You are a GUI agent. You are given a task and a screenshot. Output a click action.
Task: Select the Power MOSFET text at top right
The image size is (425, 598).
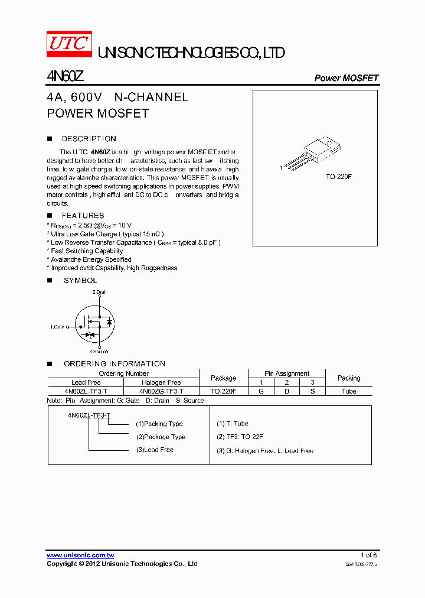(x=346, y=78)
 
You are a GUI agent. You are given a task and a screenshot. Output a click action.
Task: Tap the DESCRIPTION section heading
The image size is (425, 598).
(x=89, y=139)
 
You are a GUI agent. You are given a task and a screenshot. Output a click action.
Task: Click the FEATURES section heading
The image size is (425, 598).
(x=83, y=216)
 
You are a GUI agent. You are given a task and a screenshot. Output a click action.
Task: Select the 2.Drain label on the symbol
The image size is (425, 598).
(x=100, y=292)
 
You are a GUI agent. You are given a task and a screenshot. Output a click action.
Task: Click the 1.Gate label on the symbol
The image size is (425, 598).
(x=57, y=326)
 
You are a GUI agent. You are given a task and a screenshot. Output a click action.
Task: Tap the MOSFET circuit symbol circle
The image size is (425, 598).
(x=96, y=326)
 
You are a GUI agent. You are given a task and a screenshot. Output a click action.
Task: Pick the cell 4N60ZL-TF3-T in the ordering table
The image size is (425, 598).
(x=86, y=391)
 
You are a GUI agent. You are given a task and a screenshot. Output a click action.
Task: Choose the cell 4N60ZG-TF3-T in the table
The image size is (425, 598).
(x=161, y=391)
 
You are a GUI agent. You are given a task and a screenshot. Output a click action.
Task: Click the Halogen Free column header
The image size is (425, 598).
(x=161, y=382)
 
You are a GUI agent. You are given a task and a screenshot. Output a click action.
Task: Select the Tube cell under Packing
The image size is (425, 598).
(x=349, y=391)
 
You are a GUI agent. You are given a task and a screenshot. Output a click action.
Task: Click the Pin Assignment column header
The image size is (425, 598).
(x=287, y=373)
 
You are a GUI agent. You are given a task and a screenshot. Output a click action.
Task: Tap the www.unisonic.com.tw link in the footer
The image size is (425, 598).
(x=80, y=555)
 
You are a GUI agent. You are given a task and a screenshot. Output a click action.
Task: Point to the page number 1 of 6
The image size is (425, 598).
(x=368, y=555)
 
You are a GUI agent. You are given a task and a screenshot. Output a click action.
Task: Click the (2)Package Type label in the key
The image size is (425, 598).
(x=161, y=437)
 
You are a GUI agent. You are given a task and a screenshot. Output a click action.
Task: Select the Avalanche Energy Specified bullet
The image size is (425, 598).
(x=90, y=259)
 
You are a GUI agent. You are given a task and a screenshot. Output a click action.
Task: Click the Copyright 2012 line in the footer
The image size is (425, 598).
(x=122, y=564)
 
